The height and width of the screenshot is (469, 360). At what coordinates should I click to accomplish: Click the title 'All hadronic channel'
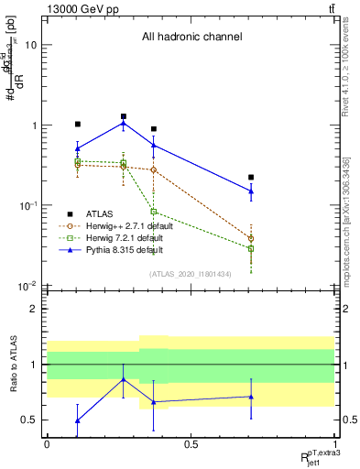click(x=191, y=38)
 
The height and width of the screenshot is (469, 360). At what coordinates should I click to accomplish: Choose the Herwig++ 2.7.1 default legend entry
click(x=124, y=224)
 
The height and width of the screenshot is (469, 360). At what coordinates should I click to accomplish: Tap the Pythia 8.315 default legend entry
click(x=120, y=249)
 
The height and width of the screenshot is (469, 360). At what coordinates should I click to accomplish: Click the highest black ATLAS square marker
click(x=124, y=116)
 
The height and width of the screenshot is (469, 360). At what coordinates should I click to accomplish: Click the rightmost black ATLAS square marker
click(x=251, y=177)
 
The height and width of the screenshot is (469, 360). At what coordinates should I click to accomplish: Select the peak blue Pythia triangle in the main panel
click(x=124, y=123)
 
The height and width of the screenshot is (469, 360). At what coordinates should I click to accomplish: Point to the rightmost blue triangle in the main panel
click(x=251, y=191)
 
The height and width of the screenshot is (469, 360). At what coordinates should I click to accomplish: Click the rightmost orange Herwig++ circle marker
click(x=251, y=238)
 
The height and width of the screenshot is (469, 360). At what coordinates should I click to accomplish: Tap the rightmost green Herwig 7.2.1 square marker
click(x=251, y=248)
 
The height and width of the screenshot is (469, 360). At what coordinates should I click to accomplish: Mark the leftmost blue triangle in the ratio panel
click(x=78, y=420)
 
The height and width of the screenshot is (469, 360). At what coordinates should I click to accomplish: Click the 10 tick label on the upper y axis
click(x=30, y=45)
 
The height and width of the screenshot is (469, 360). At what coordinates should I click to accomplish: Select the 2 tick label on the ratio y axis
click(x=32, y=309)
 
